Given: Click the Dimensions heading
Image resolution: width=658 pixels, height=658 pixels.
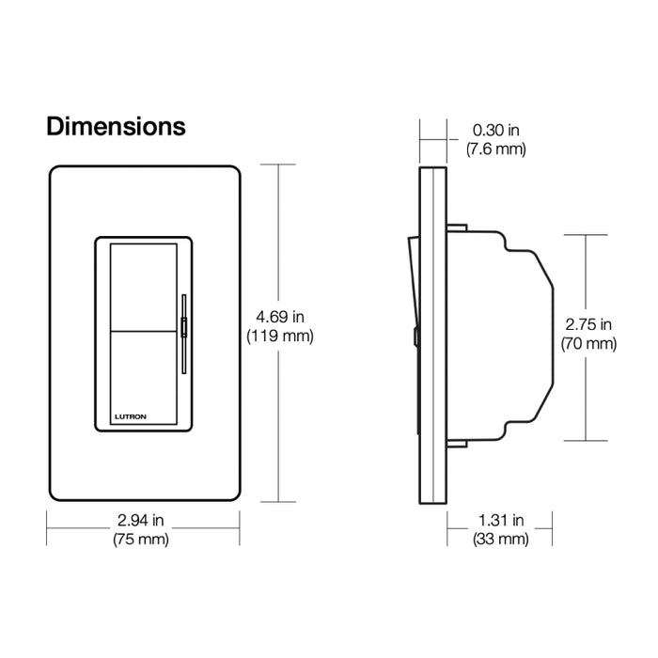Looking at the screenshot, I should click(116, 126).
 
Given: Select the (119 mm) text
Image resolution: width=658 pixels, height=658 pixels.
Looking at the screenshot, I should click(279, 337).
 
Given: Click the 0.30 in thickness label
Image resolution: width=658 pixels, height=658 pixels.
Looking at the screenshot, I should click(495, 132).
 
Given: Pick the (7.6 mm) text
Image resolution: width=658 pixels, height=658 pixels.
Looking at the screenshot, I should click(495, 149).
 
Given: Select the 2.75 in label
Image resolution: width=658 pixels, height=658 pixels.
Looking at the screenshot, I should click(588, 325).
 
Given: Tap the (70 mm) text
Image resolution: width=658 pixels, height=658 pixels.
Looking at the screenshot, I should click(588, 344).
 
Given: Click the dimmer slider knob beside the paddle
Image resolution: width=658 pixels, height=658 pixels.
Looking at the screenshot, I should click(184, 328).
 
